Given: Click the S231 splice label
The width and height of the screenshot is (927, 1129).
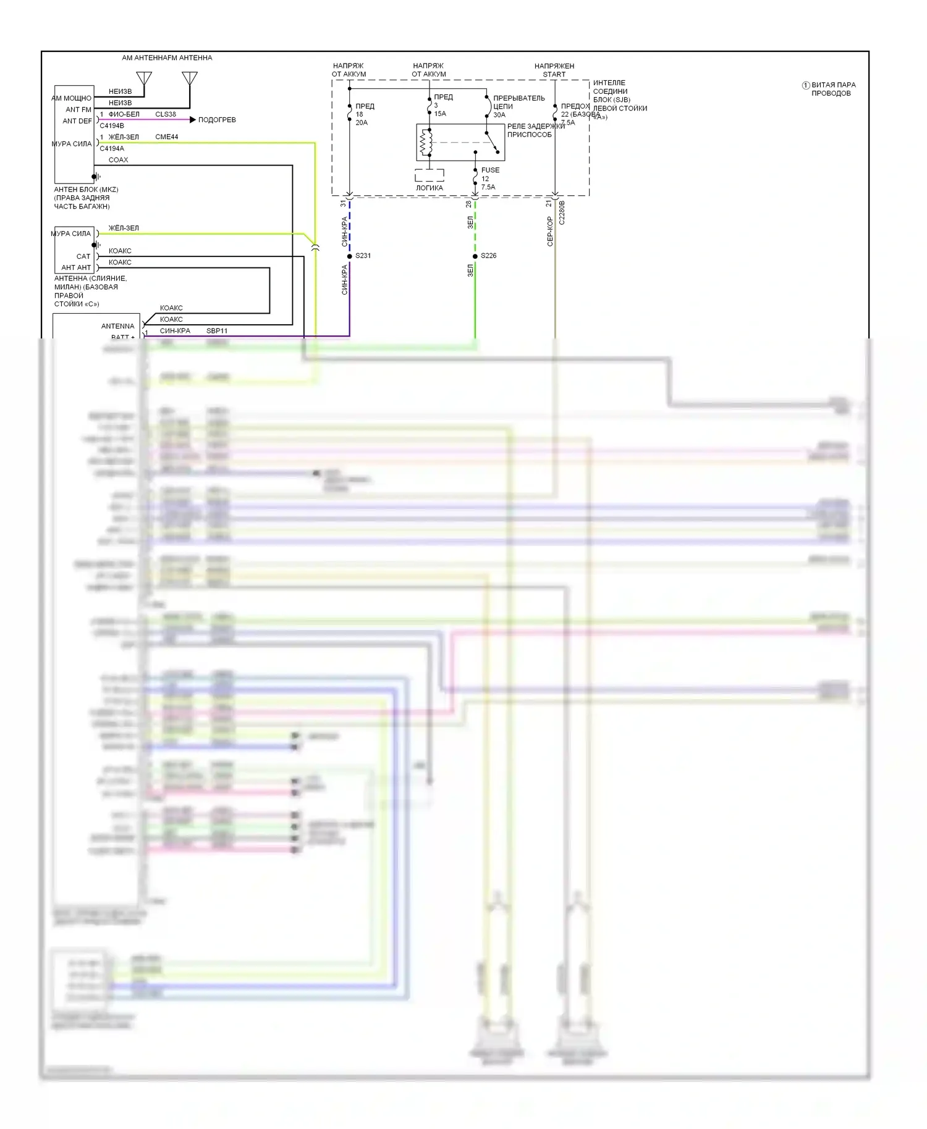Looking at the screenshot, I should pyautogui.click(x=363, y=256).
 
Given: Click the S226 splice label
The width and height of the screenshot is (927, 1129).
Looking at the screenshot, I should pyautogui.click(x=488, y=256).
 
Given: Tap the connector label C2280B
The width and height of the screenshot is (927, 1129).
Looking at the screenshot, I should pyautogui.click(x=562, y=212).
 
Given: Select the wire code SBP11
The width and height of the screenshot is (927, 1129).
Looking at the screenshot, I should pyautogui.click(x=217, y=331).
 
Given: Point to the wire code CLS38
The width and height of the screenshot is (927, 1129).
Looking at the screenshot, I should pyautogui.click(x=166, y=114).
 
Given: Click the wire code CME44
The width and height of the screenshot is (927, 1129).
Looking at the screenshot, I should pyautogui.click(x=167, y=137).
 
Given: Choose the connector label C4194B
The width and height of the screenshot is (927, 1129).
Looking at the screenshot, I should pyautogui.click(x=112, y=126).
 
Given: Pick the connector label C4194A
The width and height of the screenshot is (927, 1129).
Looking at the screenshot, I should pyautogui.click(x=112, y=149).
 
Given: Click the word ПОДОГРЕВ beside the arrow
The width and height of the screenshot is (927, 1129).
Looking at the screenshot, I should pyautogui.click(x=217, y=120).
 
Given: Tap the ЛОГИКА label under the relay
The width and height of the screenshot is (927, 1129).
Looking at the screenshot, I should pyautogui.click(x=430, y=188).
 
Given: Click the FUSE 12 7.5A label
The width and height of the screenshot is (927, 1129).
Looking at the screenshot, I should pyautogui.click(x=489, y=178).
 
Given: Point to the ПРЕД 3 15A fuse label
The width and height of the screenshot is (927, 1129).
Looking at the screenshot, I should pyautogui.click(x=442, y=105).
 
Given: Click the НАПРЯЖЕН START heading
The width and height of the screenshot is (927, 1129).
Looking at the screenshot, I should pyautogui.click(x=554, y=70).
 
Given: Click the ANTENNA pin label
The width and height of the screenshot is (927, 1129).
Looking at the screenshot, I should pyautogui.click(x=117, y=326).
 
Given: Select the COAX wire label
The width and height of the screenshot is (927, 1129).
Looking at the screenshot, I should pyautogui.click(x=118, y=160).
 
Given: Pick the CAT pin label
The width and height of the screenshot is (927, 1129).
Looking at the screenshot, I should pyautogui.click(x=83, y=256).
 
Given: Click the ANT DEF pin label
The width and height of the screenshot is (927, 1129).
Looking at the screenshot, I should pyautogui.click(x=77, y=121).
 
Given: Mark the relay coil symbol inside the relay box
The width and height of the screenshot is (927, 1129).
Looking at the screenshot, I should pyautogui.click(x=425, y=143).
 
